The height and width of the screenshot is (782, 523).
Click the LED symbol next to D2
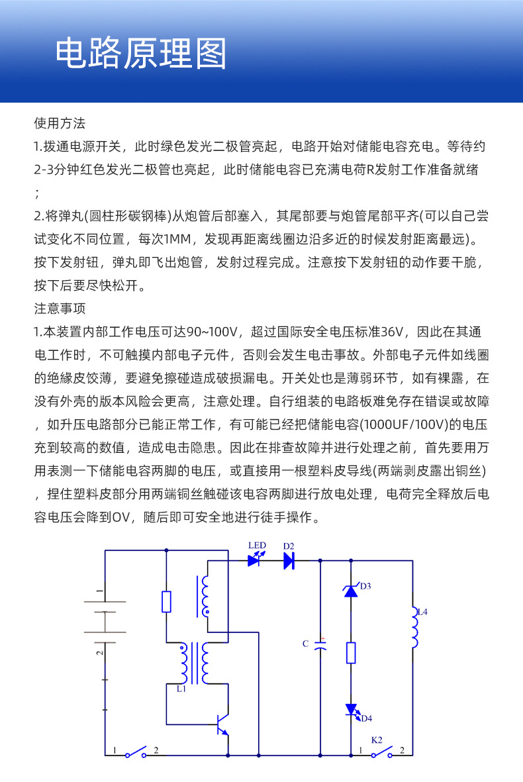[254, 560]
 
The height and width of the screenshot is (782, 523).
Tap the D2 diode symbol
[289, 561]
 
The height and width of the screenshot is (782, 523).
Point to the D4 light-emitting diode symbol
[351, 709]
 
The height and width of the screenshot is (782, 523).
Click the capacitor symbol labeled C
[320, 646]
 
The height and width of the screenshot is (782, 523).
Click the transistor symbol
[222, 725]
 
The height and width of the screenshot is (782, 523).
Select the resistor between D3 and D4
[351, 653]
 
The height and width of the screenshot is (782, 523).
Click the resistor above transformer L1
[166, 602]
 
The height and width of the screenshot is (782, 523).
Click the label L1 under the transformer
[181, 689]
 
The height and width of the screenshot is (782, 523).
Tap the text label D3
[365, 586]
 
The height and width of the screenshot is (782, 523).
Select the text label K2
[376, 738]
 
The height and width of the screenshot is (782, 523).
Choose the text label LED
[257, 546]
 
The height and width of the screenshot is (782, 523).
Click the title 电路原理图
[140, 54]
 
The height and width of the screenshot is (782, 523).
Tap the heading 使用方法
[60, 123]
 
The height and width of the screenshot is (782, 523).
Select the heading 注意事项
[60, 309]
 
